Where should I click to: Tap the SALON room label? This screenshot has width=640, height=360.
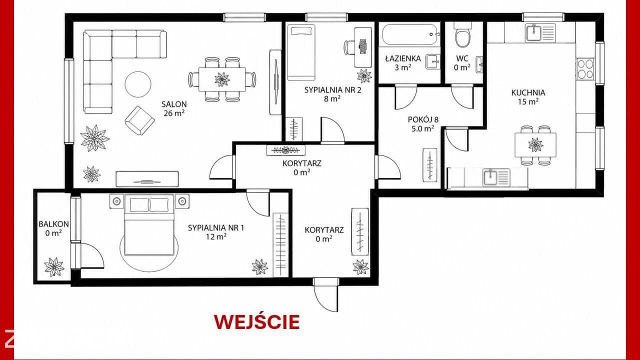click(x=174, y=104)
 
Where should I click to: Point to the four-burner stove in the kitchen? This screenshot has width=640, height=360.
click(x=585, y=69)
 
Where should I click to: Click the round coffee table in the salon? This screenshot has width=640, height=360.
click(x=138, y=84)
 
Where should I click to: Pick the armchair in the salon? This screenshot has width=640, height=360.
click(x=139, y=120)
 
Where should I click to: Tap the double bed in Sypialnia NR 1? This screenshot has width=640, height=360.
click(x=149, y=224)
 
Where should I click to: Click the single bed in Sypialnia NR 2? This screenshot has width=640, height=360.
click(x=301, y=52)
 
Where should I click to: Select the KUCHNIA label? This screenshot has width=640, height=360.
click(x=528, y=92)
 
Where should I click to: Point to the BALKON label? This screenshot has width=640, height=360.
click(x=53, y=224)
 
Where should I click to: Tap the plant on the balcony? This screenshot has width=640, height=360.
click(x=54, y=267)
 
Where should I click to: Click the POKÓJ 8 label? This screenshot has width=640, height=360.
click(x=423, y=119)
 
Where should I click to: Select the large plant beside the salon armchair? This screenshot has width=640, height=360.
click(x=94, y=138)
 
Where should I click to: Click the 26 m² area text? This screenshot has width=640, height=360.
click(x=174, y=113)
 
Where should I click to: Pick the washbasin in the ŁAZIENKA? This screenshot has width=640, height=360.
click(x=432, y=61)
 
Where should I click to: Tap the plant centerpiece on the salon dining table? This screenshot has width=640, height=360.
click(x=222, y=79)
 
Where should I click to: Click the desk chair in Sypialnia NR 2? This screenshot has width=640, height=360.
click(x=349, y=47)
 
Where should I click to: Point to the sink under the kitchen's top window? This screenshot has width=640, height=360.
click(x=540, y=33)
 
